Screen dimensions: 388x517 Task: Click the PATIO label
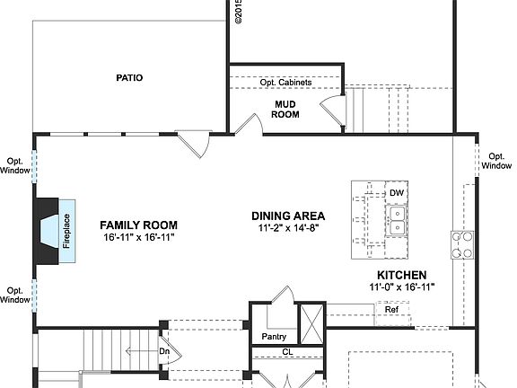pos(129,78)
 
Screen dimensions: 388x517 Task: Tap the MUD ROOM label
pos(285,109)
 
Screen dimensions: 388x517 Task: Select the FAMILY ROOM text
pos(138,225)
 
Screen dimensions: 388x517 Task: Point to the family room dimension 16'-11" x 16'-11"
pos(138,237)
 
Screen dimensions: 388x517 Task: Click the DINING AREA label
pos(288,216)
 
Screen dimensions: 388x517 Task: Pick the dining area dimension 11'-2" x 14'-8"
pos(288,228)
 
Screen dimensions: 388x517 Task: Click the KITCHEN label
pos(401,275)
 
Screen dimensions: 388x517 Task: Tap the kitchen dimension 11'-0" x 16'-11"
pos(401,287)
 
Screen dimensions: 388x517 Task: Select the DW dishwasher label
pos(397,193)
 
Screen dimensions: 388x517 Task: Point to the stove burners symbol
pos(462,244)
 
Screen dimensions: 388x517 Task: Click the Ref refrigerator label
pos(391,310)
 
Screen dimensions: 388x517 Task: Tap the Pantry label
pos(274,337)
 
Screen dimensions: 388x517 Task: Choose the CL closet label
pos(287,352)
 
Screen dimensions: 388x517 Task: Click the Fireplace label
pos(66,231)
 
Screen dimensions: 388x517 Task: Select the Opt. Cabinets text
pos(285,83)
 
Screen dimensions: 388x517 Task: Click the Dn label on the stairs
pos(164,351)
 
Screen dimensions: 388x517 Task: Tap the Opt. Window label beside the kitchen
pos(496,160)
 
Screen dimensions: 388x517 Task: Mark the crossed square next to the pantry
pos(311,320)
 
